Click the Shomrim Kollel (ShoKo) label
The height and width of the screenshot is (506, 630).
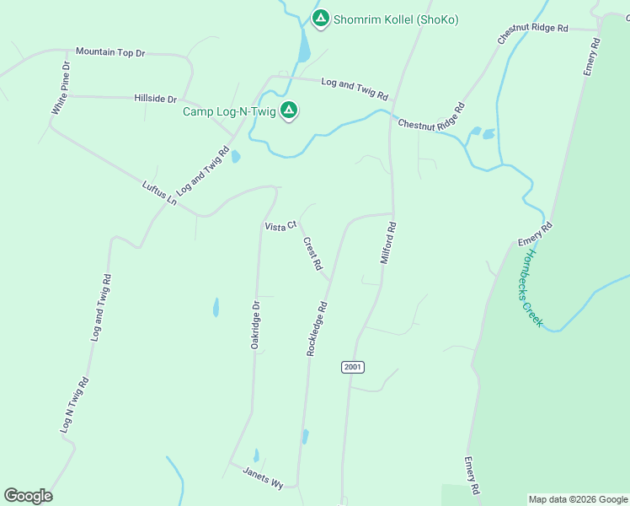coord(395,19)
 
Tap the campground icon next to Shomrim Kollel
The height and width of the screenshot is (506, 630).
coord(320,18)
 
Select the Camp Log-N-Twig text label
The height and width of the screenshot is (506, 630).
coord(230,111)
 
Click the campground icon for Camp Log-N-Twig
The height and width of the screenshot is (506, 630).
coord(289,110)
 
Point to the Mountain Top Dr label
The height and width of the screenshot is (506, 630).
coord(110,52)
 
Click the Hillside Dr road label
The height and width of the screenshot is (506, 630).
coord(155,99)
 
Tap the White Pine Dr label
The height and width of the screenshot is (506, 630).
coord(60,89)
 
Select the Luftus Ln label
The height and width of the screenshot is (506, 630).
coord(159,194)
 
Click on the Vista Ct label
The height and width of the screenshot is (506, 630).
coord(280,226)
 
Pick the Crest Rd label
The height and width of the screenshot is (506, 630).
coord(312,253)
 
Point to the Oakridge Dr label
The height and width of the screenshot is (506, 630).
coord(257,327)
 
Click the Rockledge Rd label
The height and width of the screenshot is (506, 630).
coord(316,328)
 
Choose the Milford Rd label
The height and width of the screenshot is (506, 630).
coord(387,243)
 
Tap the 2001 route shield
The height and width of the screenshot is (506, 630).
coord(353,367)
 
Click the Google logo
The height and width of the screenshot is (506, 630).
coord(29,496)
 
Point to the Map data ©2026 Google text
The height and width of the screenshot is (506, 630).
coord(578,499)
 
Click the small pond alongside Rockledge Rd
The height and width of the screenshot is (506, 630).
coord(305,437)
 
